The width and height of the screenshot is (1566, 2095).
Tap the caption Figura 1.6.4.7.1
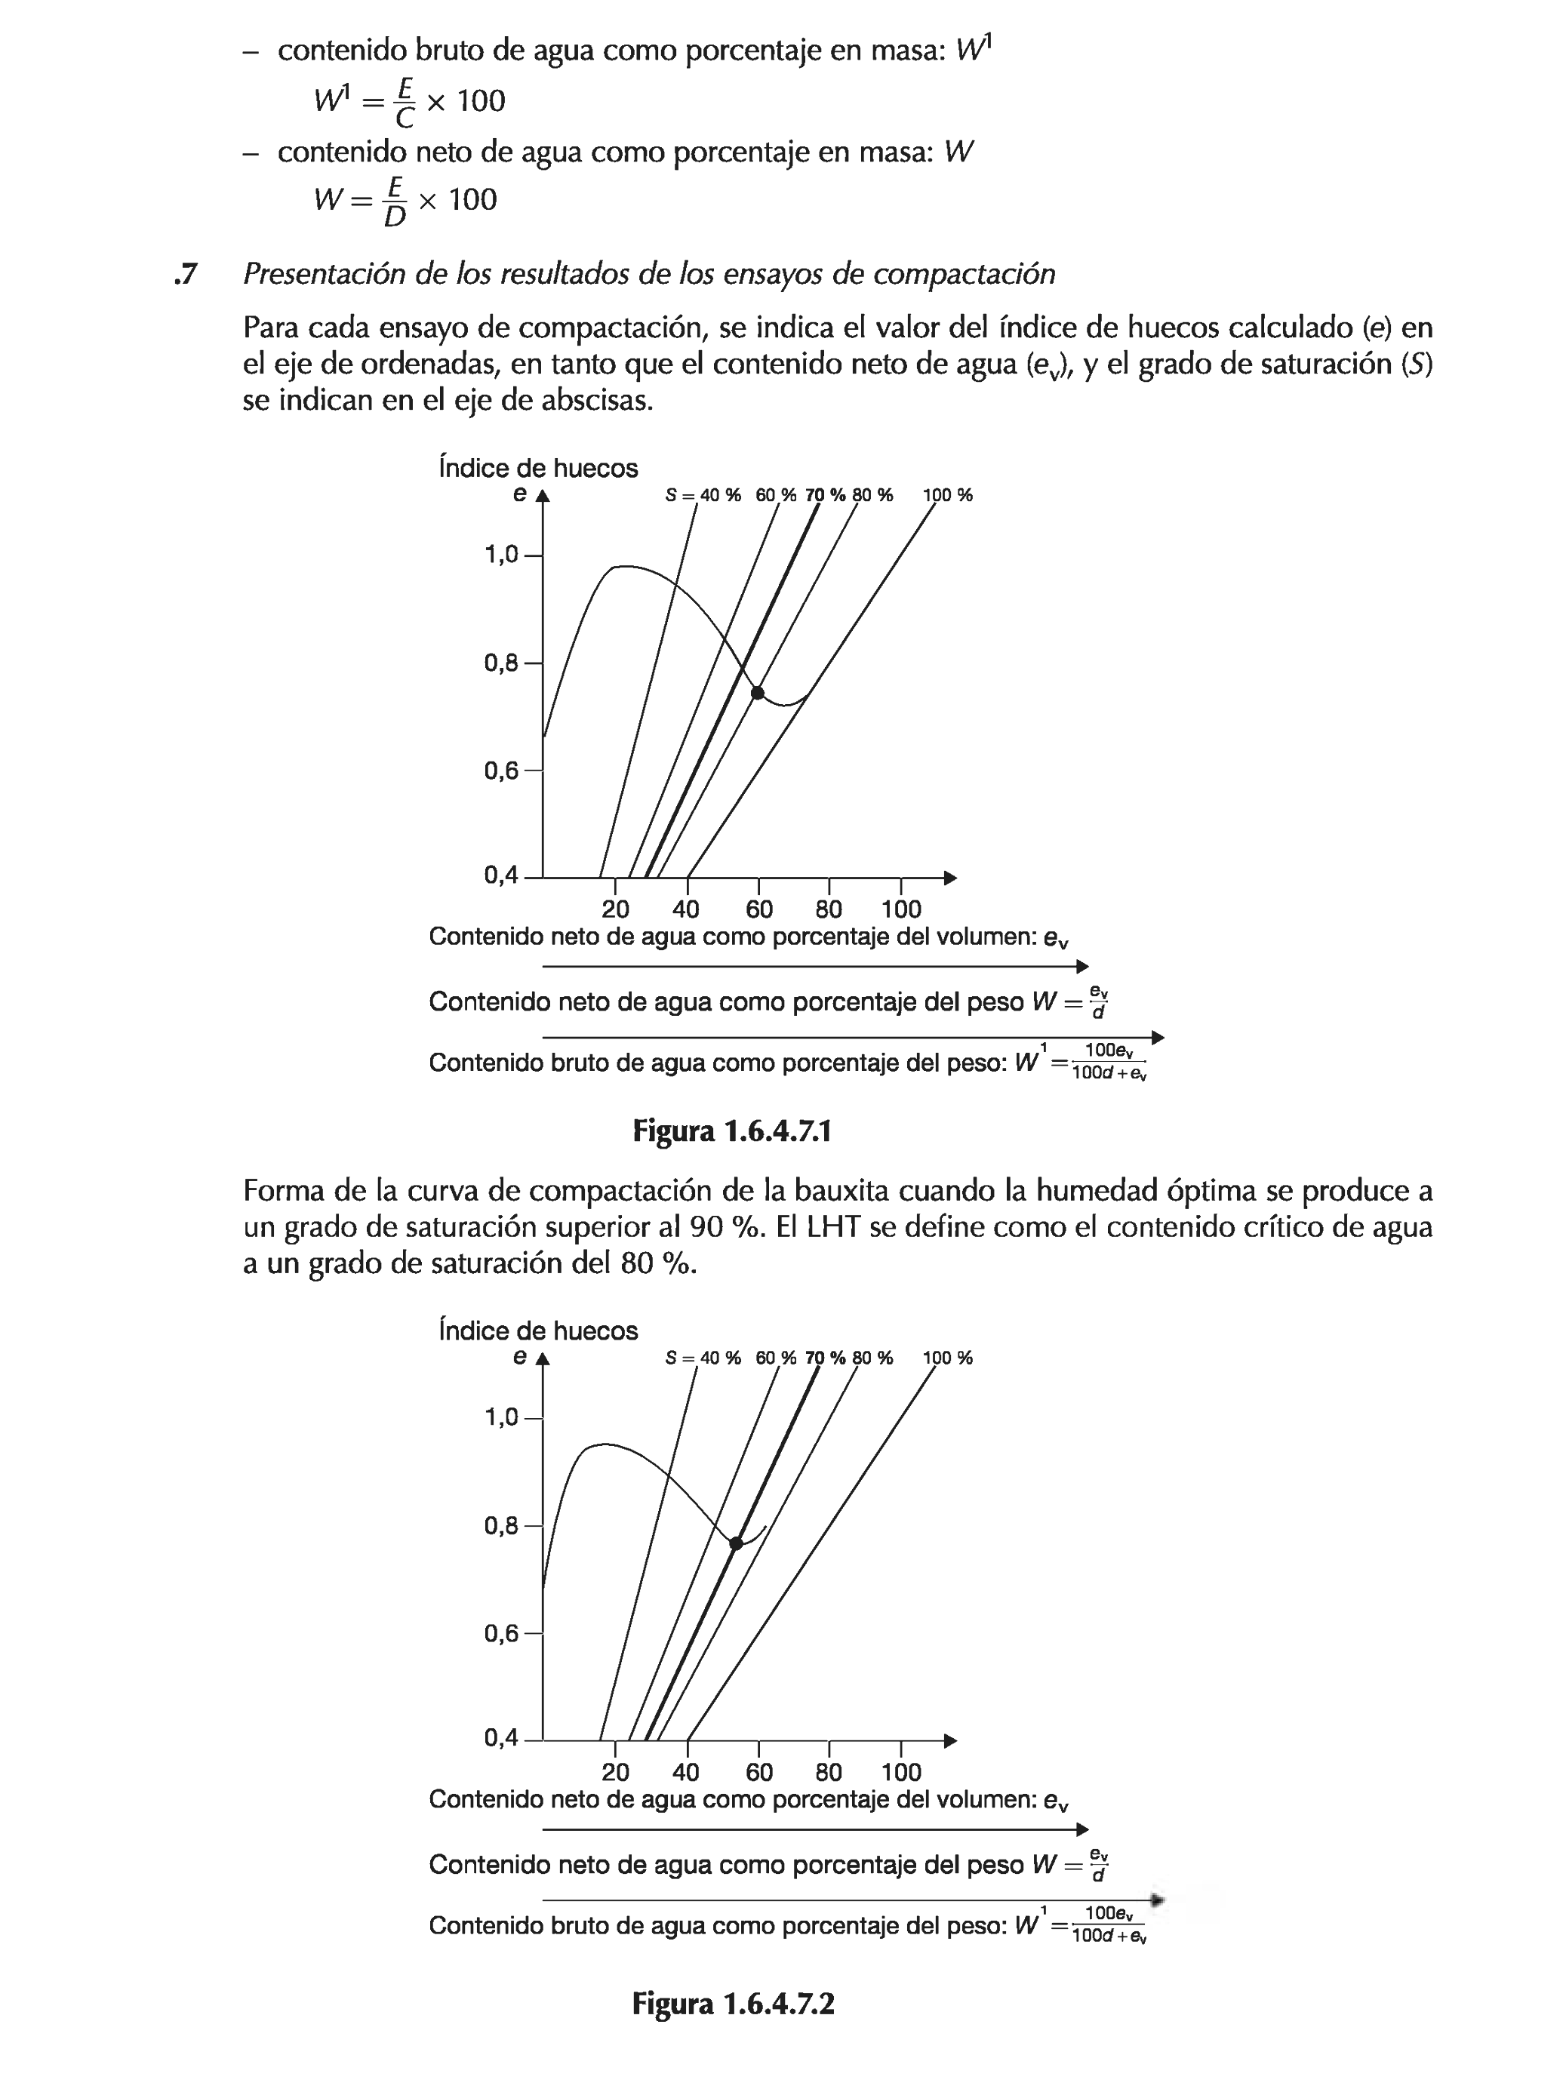731,1131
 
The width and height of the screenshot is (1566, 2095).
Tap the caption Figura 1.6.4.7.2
732,2004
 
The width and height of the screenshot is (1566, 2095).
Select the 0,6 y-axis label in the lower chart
501,1634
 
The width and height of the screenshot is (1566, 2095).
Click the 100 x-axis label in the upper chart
901,909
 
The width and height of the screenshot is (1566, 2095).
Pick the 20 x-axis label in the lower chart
615,1772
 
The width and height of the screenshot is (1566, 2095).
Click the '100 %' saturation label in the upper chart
947,494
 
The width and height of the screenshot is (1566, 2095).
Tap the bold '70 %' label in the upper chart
825,494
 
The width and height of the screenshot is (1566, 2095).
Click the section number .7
186,274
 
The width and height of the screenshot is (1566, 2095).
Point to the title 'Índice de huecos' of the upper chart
538,468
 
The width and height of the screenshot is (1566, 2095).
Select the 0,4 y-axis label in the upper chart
501,876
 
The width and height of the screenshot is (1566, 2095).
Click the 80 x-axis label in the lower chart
828,1772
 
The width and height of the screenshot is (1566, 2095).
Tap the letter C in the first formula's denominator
404,118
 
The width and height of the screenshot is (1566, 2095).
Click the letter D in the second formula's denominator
395,217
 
